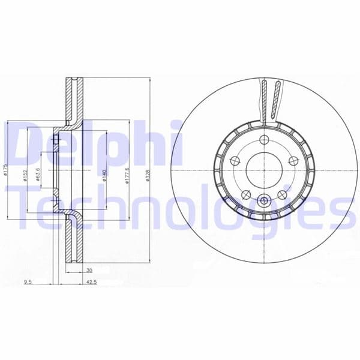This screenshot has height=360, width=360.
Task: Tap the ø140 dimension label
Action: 105,174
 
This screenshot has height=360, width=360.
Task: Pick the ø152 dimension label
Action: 26,174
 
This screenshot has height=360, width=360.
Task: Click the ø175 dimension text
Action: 5,174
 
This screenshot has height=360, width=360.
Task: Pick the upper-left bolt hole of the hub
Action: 236,161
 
